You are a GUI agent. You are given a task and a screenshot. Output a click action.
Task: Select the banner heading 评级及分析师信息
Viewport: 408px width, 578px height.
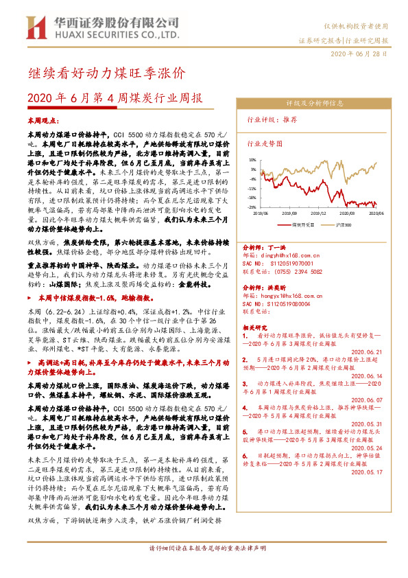[x=313, y=103]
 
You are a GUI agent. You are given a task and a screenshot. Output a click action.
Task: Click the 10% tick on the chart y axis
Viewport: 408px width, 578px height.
[x=253, y=159]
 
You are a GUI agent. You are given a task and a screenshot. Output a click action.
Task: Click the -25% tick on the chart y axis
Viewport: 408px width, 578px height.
[x=252, y=207]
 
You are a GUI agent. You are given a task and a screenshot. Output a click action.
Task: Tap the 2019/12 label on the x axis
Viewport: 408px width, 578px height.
[x=317, y=213]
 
